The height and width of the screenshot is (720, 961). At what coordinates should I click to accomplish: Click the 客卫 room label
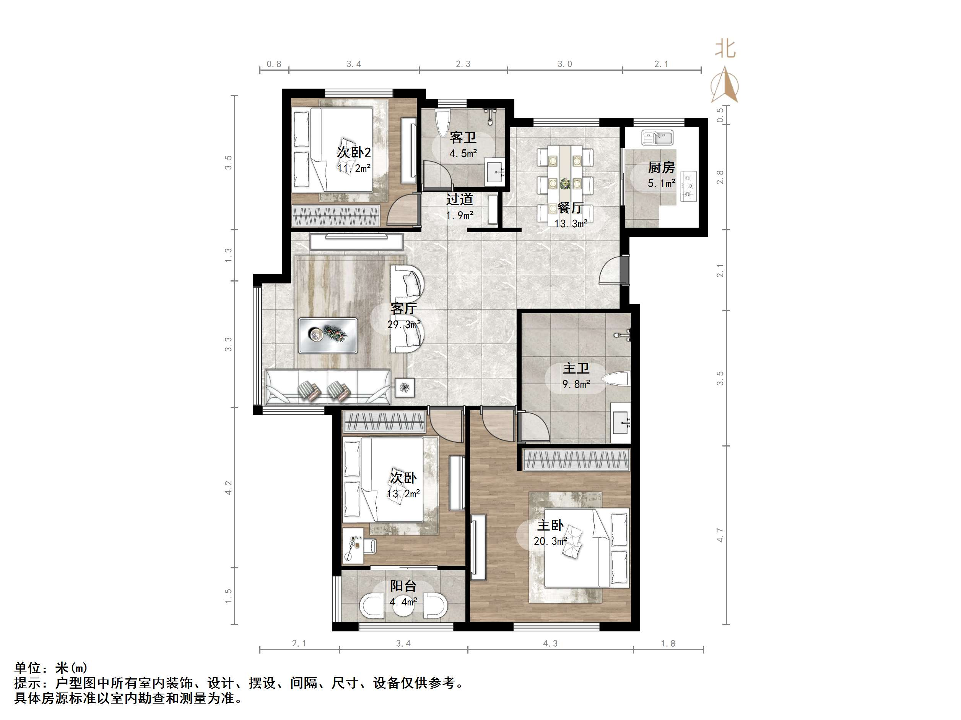tap(463, 138)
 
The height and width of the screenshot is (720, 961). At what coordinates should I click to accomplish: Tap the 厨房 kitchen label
tap(661, 168)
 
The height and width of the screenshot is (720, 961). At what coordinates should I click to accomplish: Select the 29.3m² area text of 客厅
tap(404, 324)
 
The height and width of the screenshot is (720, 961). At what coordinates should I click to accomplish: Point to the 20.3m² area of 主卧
tap(550, 541)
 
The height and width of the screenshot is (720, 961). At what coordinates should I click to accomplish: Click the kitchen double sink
tap(657, 138)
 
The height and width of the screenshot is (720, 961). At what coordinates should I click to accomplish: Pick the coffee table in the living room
tap(328, 335)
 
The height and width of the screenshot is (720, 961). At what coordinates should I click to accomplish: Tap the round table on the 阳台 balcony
tap(403, 606)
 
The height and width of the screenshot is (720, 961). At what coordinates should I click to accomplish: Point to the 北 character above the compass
tap(725, 48)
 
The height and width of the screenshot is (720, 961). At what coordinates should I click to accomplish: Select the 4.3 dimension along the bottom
tap(550, 643)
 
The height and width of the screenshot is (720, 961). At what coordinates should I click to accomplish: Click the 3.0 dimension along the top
tap(565, 64)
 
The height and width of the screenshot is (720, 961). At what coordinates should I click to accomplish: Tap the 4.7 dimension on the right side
tap(720, 535)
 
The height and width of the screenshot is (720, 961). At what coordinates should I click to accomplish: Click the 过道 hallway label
tap(460, 199)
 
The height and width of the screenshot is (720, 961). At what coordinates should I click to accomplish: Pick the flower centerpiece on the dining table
tap(565, 184)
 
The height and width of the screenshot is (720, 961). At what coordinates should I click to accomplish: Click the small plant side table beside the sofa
tap(405, 387)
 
